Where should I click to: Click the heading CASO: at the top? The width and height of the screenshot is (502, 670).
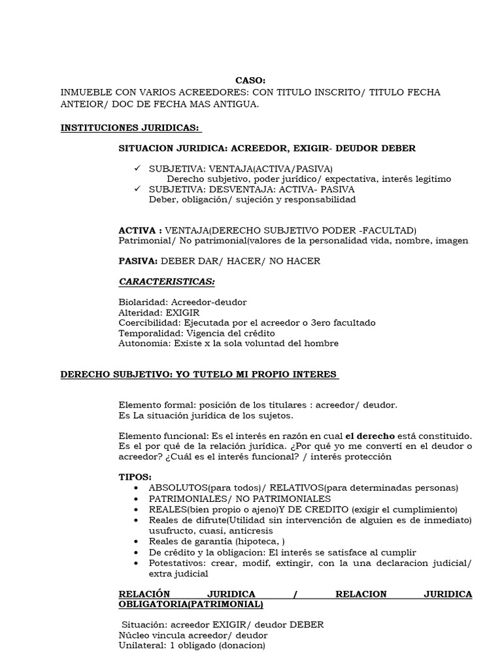tap(250, 80)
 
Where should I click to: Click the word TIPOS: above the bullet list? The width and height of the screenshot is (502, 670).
tap(135, 477)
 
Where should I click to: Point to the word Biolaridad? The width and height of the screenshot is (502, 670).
tap(141, 302)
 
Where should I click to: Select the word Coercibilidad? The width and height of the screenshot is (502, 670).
tap(147, 323)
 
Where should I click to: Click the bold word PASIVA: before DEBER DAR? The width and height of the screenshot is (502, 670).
tap(138, 261)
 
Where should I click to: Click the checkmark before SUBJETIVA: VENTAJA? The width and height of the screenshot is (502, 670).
tap(137, 168)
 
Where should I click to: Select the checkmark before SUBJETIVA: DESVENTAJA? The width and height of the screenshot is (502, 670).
tap(137, 188)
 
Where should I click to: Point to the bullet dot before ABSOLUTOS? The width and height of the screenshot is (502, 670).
tap(135, 488)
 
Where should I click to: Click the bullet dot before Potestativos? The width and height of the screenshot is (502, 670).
tap(135, 563)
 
